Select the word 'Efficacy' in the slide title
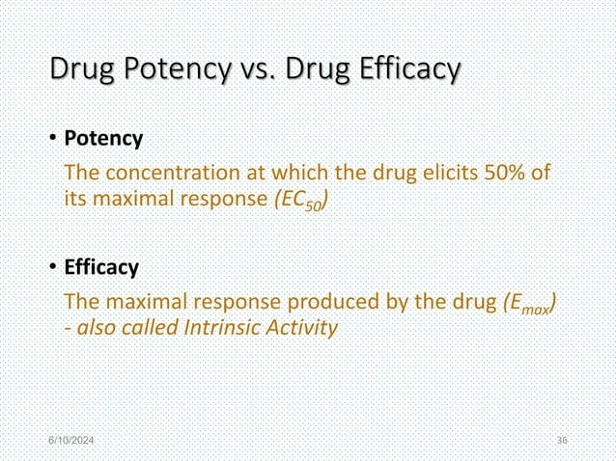pos(408,71)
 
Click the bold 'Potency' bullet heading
pos(103,139)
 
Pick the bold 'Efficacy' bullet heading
pos(101,266)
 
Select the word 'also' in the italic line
pos(97,328)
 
